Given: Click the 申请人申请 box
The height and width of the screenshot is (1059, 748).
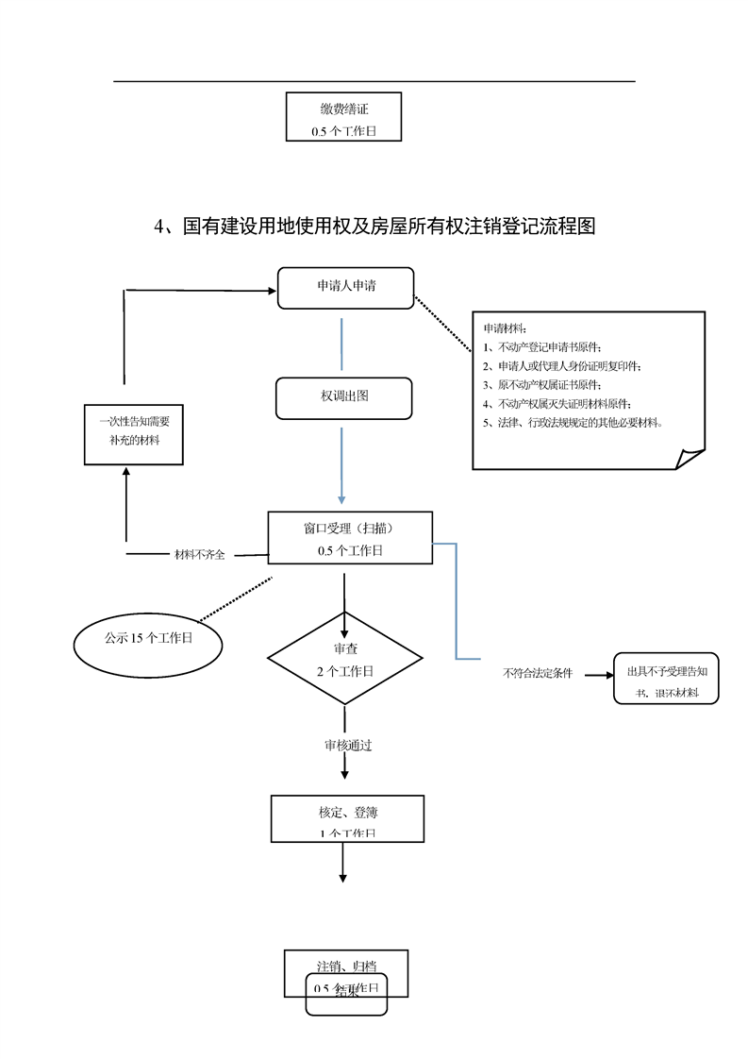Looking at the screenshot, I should (x=345, y=287).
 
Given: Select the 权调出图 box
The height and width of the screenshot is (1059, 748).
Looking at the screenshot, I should (x=343, y=397).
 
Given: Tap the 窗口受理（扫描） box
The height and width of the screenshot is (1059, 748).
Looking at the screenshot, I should (x=350, y=537).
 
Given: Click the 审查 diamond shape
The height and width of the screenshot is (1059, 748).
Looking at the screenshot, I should (x=344, y=659).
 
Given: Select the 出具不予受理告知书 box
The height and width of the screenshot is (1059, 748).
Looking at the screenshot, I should (x=666, y=679).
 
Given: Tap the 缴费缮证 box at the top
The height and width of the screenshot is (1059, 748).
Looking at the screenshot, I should (x=343, y=117).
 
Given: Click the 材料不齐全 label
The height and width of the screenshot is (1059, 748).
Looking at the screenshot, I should (x=200, y=555).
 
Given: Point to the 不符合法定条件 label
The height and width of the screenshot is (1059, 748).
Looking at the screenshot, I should (x=538, y=675).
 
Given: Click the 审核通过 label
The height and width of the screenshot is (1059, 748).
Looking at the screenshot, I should (x=347, y=746).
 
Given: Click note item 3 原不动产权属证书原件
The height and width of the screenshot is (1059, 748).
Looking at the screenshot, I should (x=541, y=385).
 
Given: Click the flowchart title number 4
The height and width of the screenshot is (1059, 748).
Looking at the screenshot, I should (x=159, y=227).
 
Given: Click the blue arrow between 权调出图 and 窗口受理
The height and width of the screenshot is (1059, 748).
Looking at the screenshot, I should (x=341, y=467).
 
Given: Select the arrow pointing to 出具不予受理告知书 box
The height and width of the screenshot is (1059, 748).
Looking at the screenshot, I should (x=595, y=675).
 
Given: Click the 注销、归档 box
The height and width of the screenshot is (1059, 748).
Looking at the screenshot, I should (x=346, y=967).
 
